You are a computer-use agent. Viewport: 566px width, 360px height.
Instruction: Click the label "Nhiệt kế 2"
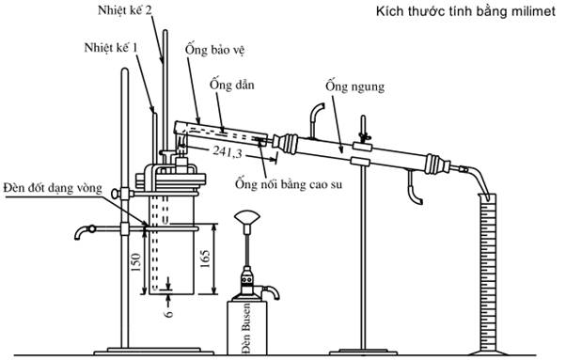(124, 10)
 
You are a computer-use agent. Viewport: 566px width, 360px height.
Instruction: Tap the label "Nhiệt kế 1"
(111, 48)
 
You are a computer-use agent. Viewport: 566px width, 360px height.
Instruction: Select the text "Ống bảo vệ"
(214, 50)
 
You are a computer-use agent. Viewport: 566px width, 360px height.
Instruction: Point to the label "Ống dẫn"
(231, 85)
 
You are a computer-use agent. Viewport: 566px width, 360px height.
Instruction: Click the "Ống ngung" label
(354, 86)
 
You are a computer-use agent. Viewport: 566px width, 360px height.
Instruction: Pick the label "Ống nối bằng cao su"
(289, 184)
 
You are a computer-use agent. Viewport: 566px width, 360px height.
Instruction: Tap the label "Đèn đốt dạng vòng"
(53, 188)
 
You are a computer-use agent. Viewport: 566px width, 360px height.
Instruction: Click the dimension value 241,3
(228, 152)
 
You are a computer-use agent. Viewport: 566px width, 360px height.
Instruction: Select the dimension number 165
(205, 258)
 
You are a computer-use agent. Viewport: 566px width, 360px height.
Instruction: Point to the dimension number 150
(135, 262)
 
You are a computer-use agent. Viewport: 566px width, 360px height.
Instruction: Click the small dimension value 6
(168, 313)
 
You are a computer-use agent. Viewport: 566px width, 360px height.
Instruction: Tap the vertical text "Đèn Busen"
(246, 328)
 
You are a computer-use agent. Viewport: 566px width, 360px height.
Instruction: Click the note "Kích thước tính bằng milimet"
(465, 11)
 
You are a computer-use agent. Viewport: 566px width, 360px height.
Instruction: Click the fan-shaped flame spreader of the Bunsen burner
(247, 219)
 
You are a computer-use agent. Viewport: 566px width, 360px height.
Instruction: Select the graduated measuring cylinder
(487, 274)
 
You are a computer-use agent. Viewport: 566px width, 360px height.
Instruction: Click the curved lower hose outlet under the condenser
(415, 189)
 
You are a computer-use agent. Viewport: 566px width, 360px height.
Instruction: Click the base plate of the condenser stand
(364, 352)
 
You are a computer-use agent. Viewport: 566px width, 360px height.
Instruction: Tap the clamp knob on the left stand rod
(116, 194)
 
